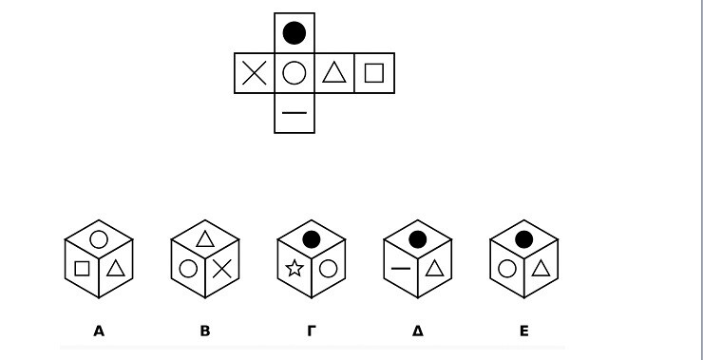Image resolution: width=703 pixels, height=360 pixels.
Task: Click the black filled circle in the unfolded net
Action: point(294,32)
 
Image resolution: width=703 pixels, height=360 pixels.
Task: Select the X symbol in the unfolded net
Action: point(255,73)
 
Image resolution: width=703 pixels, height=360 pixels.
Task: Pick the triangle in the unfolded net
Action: point(334,72)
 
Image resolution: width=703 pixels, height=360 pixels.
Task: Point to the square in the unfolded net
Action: point(374,73)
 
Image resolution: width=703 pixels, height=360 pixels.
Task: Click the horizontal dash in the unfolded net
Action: point(294,113)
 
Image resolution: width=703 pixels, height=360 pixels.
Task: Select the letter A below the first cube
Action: point(99,332)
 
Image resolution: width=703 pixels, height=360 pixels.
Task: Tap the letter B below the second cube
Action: point(205,332)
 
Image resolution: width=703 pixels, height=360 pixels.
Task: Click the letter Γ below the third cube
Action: point(312,332)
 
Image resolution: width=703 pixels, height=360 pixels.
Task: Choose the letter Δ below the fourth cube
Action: point(417,332)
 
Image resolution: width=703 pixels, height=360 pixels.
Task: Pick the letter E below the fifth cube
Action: point(524,332)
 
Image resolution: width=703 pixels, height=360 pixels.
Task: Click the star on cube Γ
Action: point(294,268)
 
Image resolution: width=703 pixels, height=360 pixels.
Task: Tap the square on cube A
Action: point(82,269)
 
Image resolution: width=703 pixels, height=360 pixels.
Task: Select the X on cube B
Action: point(221,269)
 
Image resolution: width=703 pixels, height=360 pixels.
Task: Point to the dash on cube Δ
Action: point(401,269)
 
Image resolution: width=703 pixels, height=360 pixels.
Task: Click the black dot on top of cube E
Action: point(523,239)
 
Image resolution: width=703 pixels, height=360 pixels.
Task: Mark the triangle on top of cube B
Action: point(205,238)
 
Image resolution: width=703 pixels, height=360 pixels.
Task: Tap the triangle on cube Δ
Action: point(434,268)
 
